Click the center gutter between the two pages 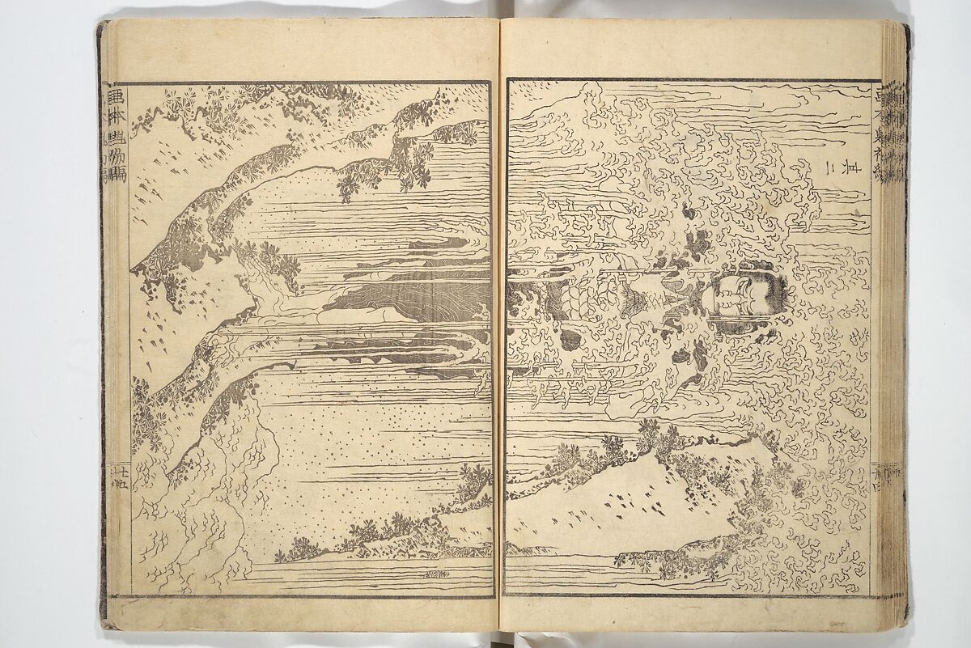click(x=498, y=324)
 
